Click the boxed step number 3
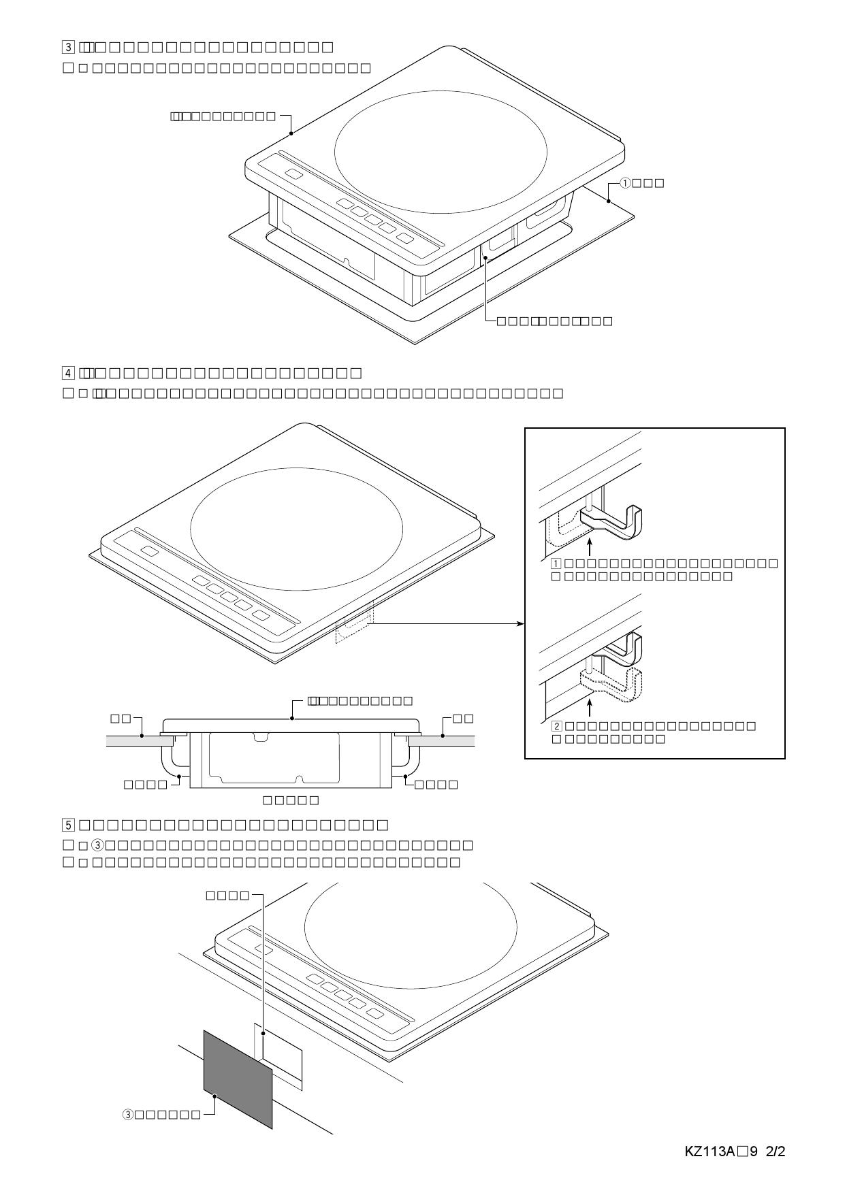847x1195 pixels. [x=68, y=47]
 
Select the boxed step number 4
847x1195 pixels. [x=68, y=373]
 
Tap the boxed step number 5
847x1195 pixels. [x=68, y=825]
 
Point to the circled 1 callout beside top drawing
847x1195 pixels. [x=625, y=183]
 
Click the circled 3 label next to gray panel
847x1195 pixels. [x=128, y=1114]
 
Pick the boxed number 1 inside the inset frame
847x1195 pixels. [x=556, y=563]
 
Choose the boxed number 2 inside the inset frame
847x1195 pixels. [x=556, y=726]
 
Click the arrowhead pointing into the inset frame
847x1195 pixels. [x=521, y=623]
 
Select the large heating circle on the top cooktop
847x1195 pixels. [x=441, y=151]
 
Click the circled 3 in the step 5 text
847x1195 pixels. [x=97, y=845]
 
